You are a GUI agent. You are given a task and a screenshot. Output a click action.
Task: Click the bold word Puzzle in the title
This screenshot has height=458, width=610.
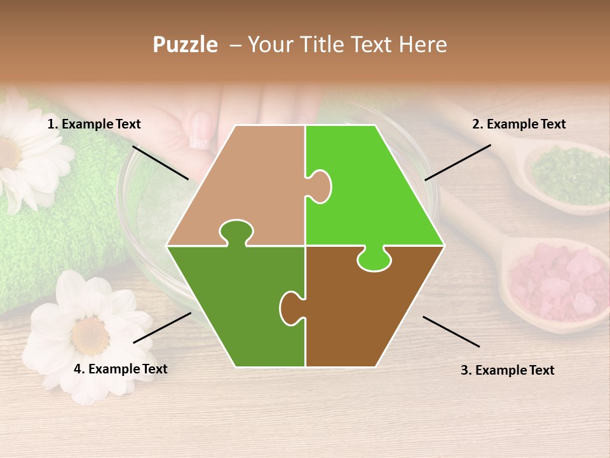(x=185, y=45)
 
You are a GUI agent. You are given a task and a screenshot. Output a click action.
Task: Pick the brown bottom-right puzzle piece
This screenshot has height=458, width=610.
(x=369, y=312)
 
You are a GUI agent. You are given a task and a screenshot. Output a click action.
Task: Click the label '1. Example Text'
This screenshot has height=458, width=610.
(x=94, y=124)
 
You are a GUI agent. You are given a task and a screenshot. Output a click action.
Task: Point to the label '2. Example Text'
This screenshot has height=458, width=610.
(x=518, y=124)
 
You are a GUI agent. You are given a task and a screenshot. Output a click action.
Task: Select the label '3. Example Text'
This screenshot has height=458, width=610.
(x=507, y=370)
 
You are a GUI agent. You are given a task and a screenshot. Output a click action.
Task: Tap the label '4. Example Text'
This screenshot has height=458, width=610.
(x=120, y=369)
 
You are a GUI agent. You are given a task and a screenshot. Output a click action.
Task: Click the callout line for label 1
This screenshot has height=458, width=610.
(x=160, y=162)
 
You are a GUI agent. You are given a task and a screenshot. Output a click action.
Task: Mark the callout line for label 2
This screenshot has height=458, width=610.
(x=457, y=162)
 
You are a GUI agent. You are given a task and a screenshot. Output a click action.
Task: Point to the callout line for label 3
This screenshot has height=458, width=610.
(x=451, y=331)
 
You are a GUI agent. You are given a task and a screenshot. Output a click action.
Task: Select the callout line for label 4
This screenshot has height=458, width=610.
(x=162, y=327)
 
